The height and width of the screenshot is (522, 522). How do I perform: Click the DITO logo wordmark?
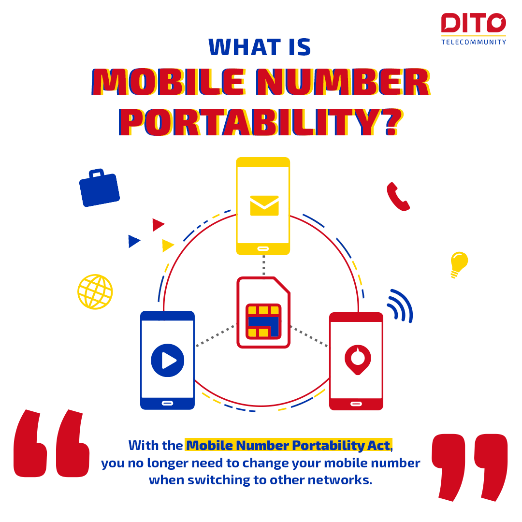click(473, 23)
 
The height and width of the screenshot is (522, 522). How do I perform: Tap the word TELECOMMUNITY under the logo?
click(473, 42)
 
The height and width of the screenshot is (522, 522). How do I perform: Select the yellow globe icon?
click(95, 292)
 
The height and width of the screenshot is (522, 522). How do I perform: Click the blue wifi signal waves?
click(401, 305)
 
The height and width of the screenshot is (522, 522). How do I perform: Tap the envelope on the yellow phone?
click(264, 205)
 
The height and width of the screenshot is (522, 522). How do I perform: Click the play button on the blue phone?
click(167, 360)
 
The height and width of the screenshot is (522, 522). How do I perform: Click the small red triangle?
click(158, 225)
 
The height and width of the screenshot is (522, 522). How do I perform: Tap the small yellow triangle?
click(167, 246)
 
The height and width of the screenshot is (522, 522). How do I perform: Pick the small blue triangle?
click(134, 241)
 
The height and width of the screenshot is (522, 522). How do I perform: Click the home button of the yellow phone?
click(263, 249)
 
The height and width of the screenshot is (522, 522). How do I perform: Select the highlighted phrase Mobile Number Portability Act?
click(288, 446)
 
